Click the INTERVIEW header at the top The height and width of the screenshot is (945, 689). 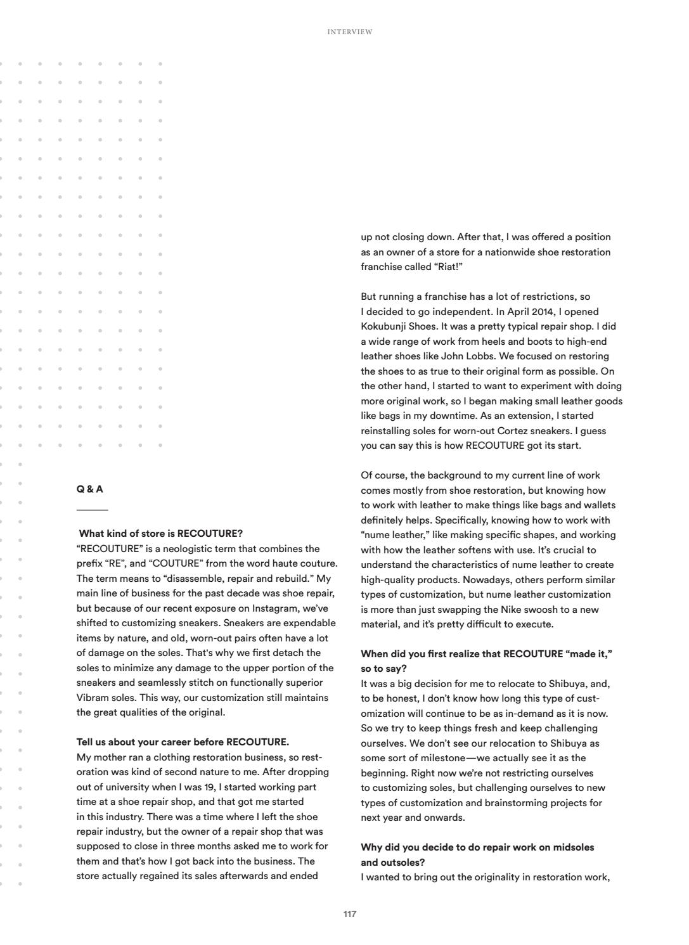(350, 32)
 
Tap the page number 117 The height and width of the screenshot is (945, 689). (350, 914)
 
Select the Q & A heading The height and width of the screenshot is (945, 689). (89, 489)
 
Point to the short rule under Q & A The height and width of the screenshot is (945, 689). (92, 510)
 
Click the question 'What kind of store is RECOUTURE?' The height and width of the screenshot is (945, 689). (160, 534)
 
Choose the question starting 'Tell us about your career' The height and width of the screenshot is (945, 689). (183, 742)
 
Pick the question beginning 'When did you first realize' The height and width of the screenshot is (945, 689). (486, 654)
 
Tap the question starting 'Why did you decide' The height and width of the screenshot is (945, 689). (477, 847)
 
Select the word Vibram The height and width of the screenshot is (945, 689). (92, 698)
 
